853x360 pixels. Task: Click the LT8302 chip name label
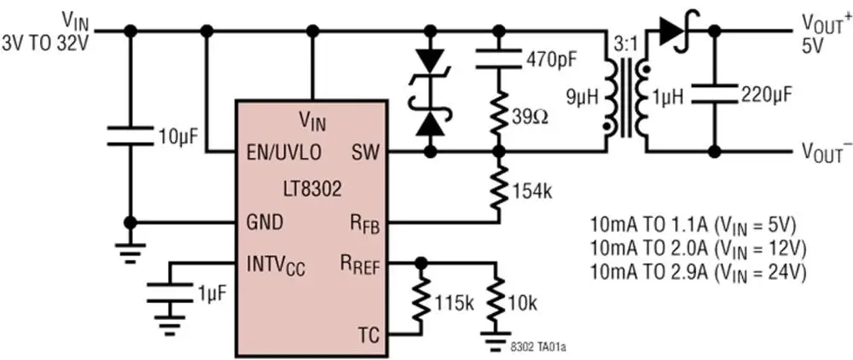[312, 186]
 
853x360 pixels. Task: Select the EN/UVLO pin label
[284, 153]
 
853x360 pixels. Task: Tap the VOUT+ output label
[823, 23]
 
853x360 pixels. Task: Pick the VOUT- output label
[823, 153]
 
